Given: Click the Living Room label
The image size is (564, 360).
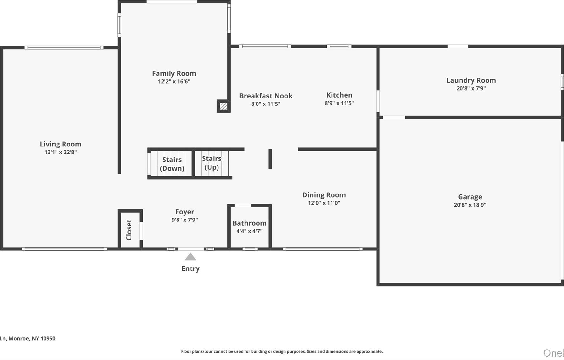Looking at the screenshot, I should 60,144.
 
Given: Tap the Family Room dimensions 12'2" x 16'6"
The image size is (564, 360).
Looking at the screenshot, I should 174,81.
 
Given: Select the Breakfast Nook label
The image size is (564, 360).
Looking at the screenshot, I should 265,96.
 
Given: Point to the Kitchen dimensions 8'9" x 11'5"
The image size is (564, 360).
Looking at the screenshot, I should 339,103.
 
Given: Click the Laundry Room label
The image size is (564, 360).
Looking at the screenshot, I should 471,80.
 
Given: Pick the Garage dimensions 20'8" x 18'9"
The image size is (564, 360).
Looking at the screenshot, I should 470,205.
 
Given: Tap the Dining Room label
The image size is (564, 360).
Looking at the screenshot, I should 324,195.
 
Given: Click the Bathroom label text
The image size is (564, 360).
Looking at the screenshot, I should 249,223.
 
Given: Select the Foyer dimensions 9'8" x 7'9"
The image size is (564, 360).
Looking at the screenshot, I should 185,220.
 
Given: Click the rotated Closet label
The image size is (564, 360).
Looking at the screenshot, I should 129,230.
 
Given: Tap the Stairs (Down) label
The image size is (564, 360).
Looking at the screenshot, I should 172,164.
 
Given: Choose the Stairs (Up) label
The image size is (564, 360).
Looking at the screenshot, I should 211,163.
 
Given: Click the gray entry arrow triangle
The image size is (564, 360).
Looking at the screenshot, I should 190,257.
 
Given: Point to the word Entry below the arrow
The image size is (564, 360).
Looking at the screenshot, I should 190,268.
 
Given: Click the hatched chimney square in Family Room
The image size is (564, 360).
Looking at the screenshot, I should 224,106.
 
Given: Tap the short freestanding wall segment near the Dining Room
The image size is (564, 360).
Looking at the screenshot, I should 270,159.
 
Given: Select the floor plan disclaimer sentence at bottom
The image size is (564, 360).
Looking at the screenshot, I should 282,351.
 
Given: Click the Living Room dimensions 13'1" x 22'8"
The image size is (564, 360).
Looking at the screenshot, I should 60,152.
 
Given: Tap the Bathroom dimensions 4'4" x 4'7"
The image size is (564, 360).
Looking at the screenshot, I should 249,231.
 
